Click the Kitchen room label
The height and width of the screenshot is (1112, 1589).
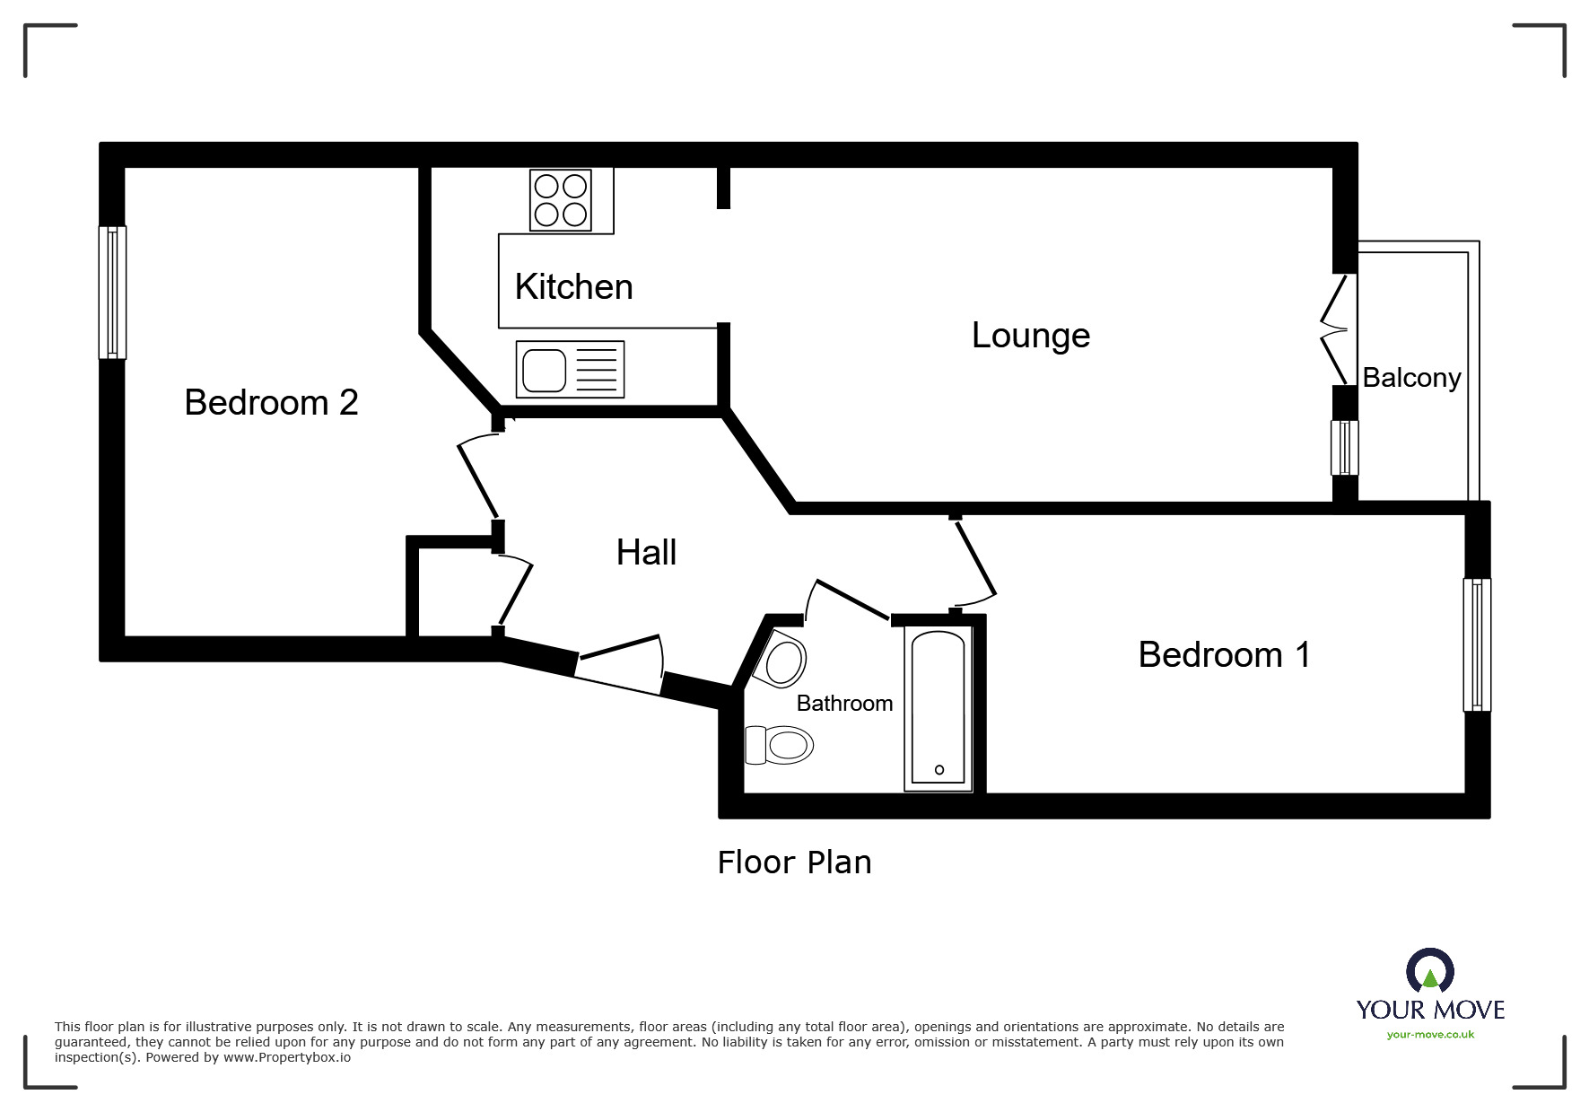click(573, 287)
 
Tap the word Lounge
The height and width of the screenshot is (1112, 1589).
click(1031, 336)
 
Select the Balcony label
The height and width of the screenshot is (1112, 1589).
click(1411, 378)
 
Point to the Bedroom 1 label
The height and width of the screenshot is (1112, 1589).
click(1224, 654)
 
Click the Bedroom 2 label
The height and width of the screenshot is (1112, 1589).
click(271, 402)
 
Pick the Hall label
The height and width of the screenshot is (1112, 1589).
click(646, 552)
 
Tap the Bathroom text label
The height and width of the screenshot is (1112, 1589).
click(844, 703)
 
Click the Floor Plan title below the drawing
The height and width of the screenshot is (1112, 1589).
click(794, 862)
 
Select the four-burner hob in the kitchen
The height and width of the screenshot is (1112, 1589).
click(561, 200)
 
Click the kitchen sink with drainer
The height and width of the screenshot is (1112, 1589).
click(570, 370)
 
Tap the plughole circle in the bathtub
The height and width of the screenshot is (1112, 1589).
click(939, 770)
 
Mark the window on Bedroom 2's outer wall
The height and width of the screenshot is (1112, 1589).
click(112, 293)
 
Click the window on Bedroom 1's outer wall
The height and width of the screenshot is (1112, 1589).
click(1477, 644)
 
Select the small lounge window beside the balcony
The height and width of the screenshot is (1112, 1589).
click(1344, 448)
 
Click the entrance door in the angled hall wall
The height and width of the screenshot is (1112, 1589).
click(618, 665)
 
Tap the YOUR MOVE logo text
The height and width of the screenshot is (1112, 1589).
click(1430, 1010)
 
